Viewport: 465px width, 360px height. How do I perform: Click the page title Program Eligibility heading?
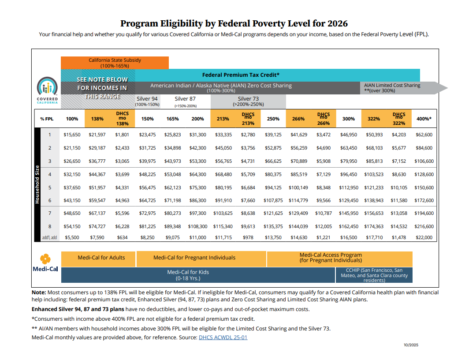[234, 23]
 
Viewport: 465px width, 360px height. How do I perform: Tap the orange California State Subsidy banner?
[115, 63]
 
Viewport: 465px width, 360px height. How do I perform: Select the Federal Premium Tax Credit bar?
[240, 75]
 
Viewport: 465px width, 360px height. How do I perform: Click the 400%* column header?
[424, 119]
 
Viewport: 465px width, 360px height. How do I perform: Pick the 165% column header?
[172, 119]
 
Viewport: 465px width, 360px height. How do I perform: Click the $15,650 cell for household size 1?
[72, 135]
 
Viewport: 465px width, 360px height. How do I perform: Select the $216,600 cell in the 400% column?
[424, 227]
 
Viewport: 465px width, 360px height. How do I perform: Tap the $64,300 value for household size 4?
[197, 175]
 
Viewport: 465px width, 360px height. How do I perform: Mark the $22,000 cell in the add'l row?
[424, 238]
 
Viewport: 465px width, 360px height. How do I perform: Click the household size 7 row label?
[50, 214]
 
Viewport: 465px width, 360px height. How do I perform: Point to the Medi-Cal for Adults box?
[101, 258]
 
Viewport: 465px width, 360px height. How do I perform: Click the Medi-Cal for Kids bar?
[188, 275]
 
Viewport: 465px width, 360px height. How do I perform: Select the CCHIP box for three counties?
[374, 275]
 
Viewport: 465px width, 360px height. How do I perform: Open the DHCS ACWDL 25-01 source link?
[223, 337]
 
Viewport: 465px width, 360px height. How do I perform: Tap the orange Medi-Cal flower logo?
[45, 259]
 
